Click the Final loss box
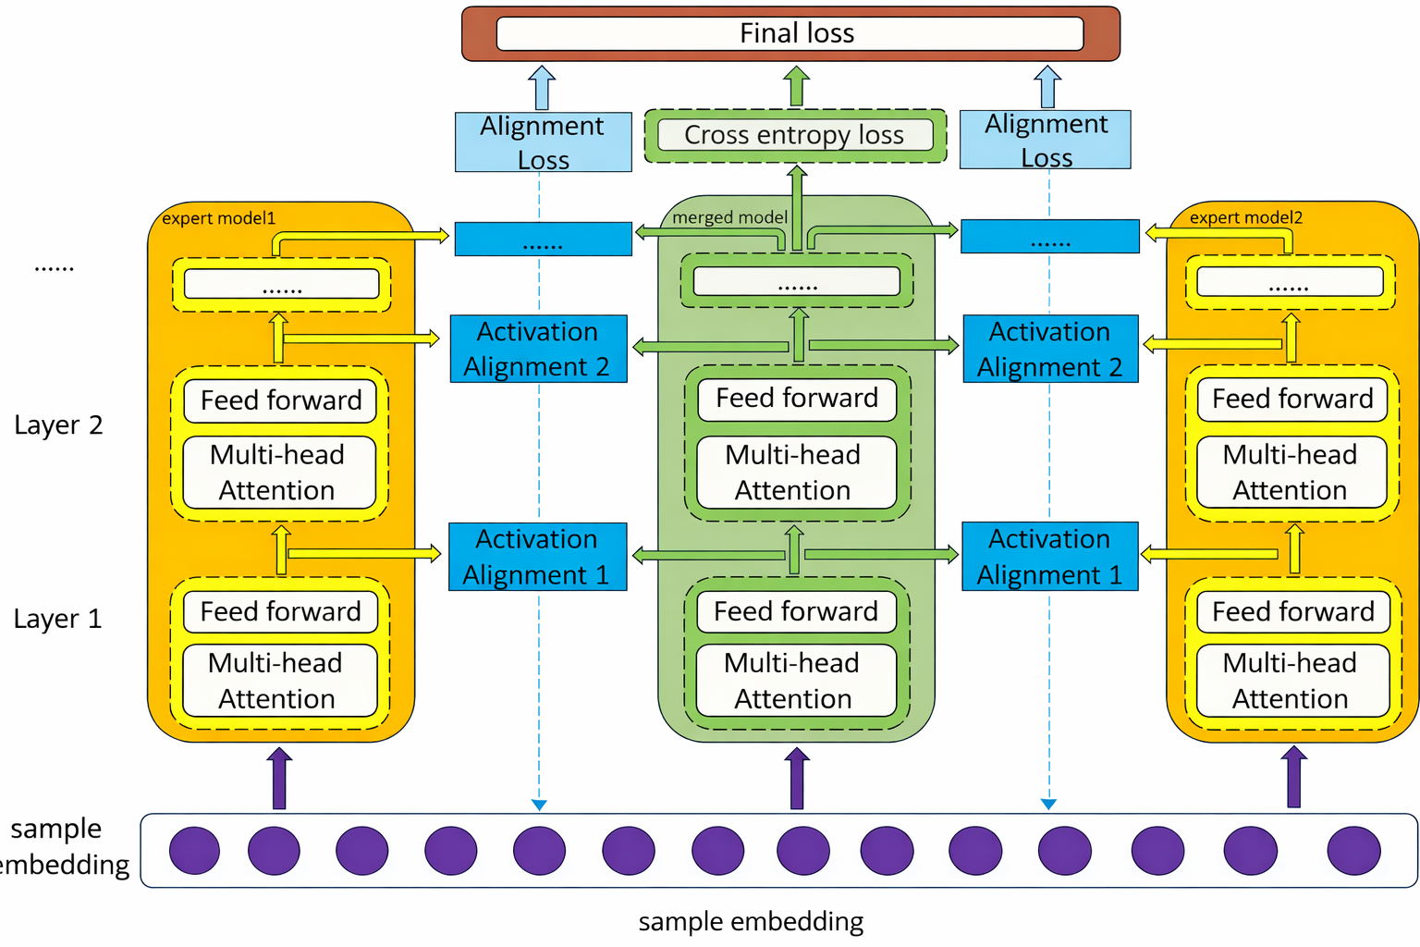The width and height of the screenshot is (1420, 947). click(790, 33)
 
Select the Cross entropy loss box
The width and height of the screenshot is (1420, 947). click(794, 135)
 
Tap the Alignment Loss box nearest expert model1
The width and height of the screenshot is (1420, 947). click(543, 141)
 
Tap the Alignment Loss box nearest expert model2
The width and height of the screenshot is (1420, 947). click(1046, 140)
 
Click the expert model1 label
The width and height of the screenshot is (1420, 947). click(218, 218)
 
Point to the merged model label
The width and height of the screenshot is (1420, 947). click(729, 217)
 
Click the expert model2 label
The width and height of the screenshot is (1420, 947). click(1245, 217)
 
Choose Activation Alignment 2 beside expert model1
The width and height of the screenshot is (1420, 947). click(538, 349)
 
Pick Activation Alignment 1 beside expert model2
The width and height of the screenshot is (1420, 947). click(1050, 556)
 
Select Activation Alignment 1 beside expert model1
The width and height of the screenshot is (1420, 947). click(537, 557)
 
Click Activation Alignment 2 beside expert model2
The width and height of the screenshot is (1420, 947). click(1050, 349)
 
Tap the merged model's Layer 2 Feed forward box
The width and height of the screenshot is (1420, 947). click(797, 399)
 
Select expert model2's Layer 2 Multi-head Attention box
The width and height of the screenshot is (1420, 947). click(1291, 472)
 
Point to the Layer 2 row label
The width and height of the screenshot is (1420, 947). click(58, 425)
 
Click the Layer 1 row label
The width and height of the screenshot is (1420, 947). click(57, 619)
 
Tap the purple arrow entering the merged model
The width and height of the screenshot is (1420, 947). click(797, 779)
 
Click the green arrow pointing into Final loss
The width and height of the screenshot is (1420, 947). click(796, 86)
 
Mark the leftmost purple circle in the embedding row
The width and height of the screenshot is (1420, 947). click(194, 851)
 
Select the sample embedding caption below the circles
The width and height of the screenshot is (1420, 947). click(751, 921)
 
